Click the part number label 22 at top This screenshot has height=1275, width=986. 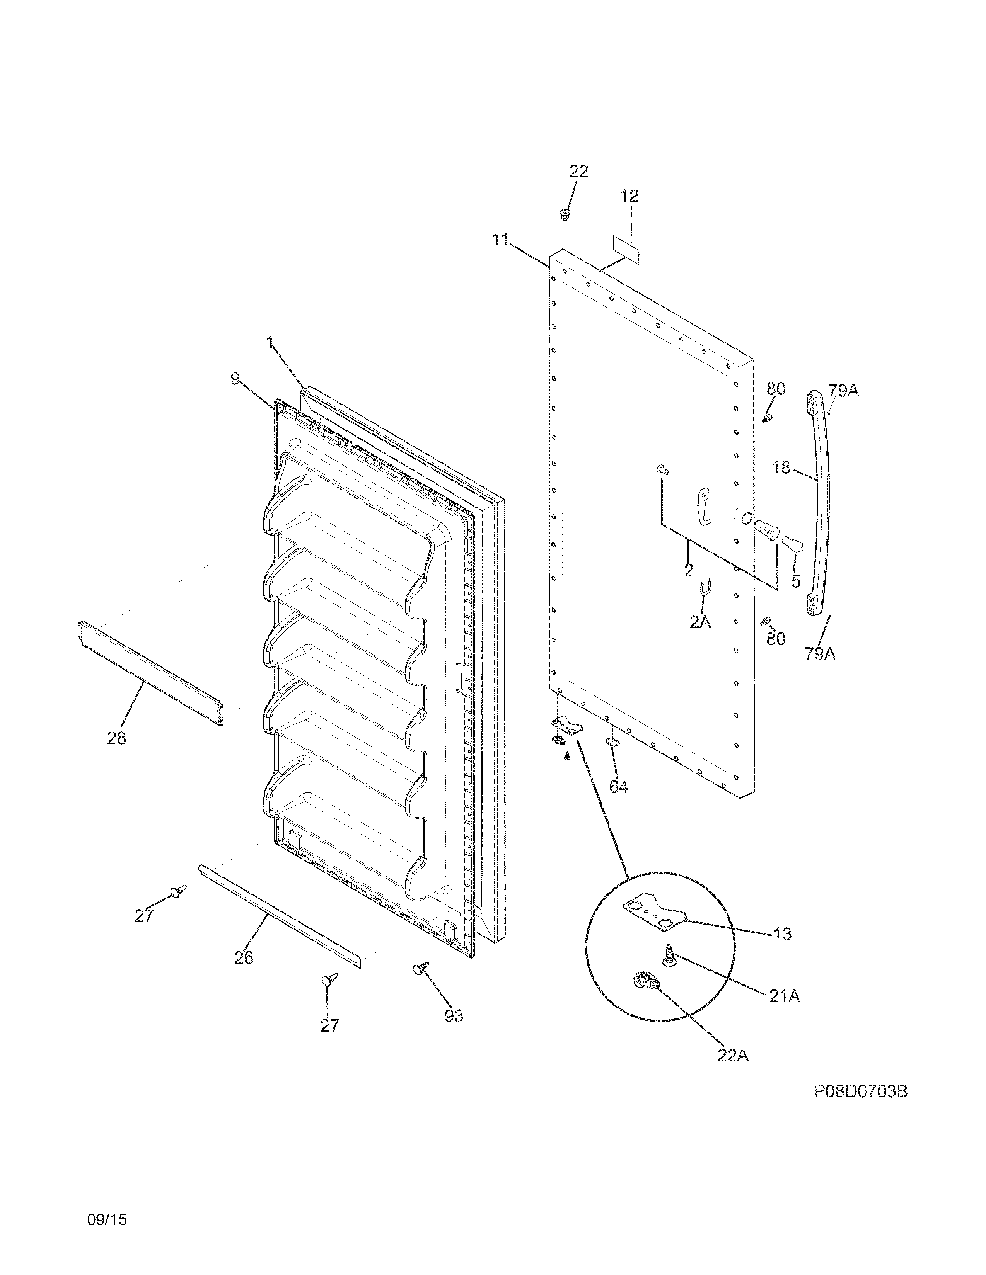(579, 171)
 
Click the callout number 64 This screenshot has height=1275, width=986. (619, 787)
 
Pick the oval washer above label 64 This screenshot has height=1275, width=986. (612, 741)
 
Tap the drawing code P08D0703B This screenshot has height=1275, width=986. (860, 1124)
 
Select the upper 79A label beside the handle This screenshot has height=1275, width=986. (843, 391)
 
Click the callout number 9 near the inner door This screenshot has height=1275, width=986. (235, 379)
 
